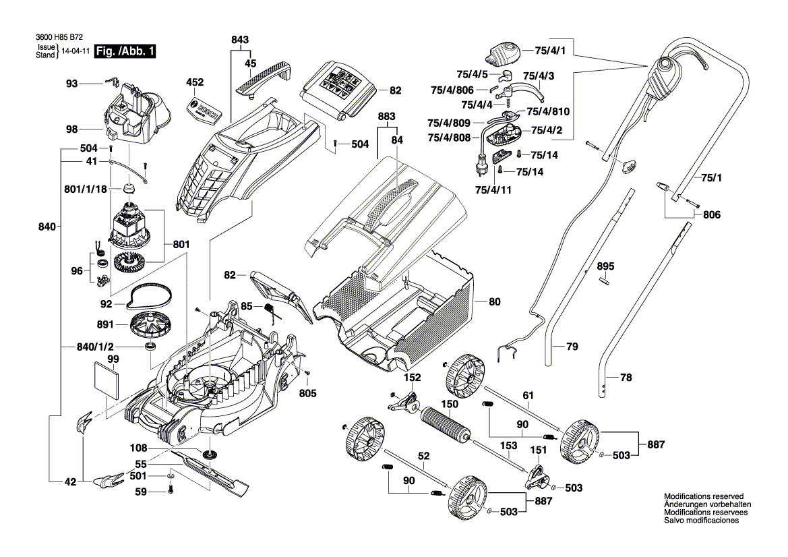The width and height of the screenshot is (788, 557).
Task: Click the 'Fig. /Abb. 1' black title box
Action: (125, 51)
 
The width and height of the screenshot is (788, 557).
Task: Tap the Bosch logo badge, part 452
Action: (202, 111)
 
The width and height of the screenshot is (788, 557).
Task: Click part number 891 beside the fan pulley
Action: (105, 325)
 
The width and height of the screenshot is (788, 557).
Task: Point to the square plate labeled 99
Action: (106, 381)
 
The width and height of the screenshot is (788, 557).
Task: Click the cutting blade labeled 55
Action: (210, 471)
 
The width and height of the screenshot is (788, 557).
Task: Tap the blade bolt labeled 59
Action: (171, 488)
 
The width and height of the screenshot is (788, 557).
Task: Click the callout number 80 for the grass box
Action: (495, 301)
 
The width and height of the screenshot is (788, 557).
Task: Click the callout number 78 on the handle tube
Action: (626, 377)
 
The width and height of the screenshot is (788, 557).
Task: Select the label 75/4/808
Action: (450, 138)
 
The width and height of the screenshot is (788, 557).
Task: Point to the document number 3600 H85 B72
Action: (59, 37)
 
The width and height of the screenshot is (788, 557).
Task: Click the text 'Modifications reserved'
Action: (704, 496)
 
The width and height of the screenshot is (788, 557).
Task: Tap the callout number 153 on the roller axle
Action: (508, 446)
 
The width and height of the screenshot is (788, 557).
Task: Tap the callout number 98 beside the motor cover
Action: (72, 129)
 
